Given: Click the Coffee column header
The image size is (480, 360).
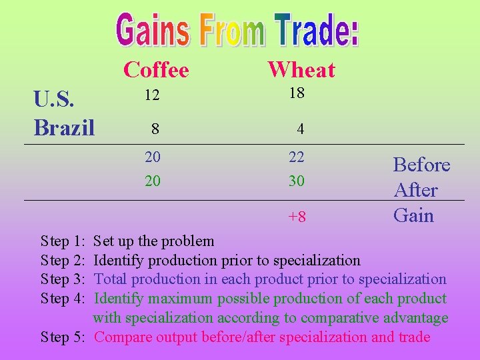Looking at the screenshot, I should (x=156, y=69).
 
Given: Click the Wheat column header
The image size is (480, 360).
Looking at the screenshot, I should (x=301, y=69).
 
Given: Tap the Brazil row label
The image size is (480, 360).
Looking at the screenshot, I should (x=64, y=126).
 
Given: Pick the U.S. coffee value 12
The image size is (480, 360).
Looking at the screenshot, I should (x=152, y=96).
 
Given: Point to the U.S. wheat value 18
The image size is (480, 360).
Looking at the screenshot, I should (x=297, y=93).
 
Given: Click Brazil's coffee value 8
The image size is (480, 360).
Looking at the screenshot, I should (x=155, y=128).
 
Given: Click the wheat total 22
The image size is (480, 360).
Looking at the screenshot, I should (x=297, y=157).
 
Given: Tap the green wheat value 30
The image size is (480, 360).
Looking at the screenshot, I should (x=297, y=181).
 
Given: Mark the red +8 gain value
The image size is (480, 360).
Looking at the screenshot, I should (x=297, y=217).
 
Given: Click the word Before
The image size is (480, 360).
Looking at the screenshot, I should (x=421, y=165).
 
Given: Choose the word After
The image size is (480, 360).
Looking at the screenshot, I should (x=415, y=191).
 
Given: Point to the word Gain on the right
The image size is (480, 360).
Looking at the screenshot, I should (x=413, y=215).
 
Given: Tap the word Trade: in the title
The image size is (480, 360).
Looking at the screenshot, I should (x=316, y=31).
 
